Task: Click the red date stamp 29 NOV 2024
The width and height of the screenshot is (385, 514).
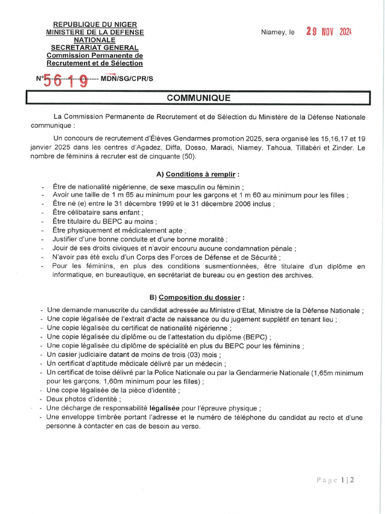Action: [329, 32]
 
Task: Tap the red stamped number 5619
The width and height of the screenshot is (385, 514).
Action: [66, 80]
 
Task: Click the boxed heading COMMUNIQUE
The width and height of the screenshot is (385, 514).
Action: [199, 98]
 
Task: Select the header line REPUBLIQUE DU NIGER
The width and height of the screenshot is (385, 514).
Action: [95, 24]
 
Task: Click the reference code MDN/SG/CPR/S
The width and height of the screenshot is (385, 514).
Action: [127, 78]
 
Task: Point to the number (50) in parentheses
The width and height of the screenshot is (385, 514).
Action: [187, 156]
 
